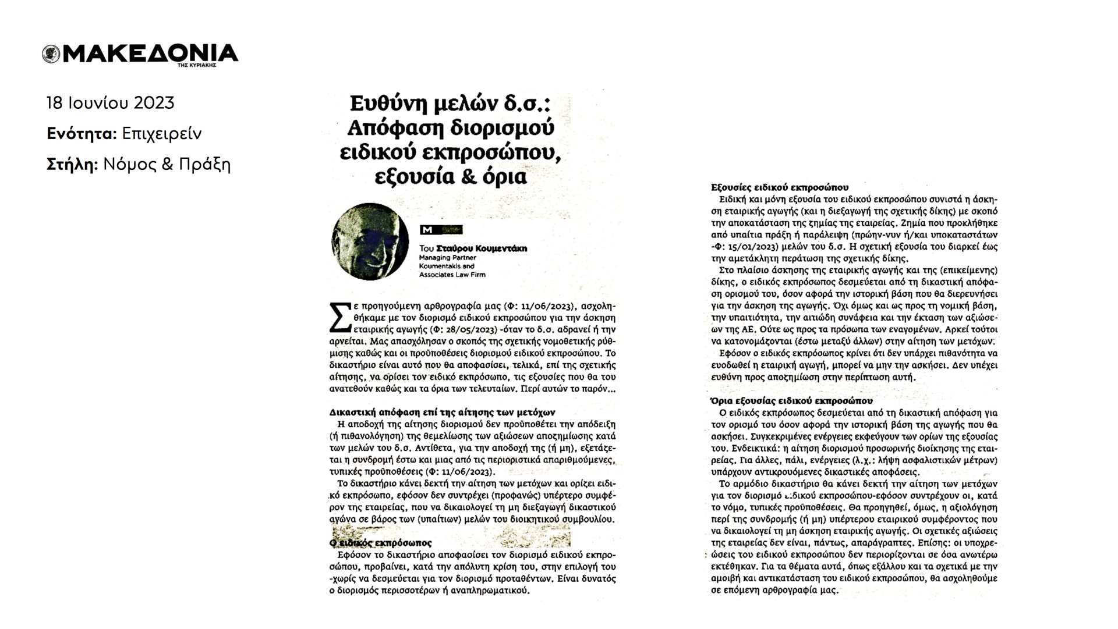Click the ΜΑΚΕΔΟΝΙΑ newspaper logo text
click(x=150, y=54)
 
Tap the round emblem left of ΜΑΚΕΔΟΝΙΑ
click(x=51, y=54)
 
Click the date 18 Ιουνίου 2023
click(x=111, y=103)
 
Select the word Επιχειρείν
click(x=162, y=134)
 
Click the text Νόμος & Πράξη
click(x=167, y=165)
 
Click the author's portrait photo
click(x=370, y=241)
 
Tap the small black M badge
click(x=427, y=230)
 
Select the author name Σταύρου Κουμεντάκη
click(x=482, y=248)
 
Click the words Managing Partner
click(x=448, y=257)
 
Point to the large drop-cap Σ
click(x=340, y=318)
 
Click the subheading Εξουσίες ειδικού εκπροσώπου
click(x=780, y=187)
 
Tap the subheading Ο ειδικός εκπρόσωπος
click(x=381, y=543)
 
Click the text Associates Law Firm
click(x=452, y=275)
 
